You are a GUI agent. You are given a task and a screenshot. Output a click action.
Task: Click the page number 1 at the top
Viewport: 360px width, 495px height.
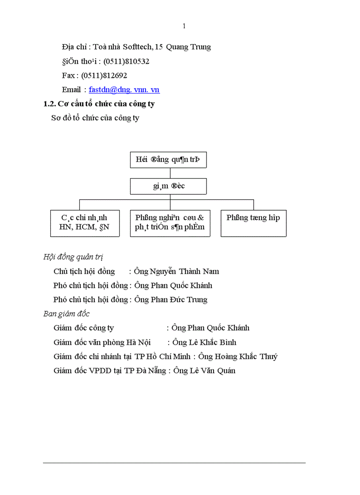tap(184, 26)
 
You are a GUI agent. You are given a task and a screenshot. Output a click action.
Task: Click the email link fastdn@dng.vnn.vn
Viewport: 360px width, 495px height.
tap(124, 90)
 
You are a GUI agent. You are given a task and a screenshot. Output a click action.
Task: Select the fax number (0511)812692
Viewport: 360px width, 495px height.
tap(104, 76)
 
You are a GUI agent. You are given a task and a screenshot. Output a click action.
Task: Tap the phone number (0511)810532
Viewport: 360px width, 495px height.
tap(126, 61)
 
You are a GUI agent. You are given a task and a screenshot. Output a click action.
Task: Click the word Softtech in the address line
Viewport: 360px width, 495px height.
tap(135, 47)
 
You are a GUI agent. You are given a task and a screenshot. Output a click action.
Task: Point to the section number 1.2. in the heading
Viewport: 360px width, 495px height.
tap(50, 104)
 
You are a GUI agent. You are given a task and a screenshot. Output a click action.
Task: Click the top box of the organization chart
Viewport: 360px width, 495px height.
tap(168, 160)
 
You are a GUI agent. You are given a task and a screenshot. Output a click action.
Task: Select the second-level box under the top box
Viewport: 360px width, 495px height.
tap(168, 186)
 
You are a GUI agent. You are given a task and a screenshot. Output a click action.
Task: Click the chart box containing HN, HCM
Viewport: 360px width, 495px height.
tap(85, 223)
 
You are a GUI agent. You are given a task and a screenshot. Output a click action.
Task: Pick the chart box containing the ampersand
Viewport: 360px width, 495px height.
tap(170, 223)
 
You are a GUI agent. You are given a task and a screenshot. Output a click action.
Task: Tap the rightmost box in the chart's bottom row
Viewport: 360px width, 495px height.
tap(253, 223)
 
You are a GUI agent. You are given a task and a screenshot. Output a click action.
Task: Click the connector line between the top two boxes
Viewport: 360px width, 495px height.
tap(170, 173)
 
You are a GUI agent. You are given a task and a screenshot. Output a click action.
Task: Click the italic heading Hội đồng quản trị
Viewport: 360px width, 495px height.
tap(73, 257)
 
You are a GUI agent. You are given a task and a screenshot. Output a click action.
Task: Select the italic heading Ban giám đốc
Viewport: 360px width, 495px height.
tap(66, 314)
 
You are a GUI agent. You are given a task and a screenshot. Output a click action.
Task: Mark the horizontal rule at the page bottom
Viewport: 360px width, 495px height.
tap(174, 463)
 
